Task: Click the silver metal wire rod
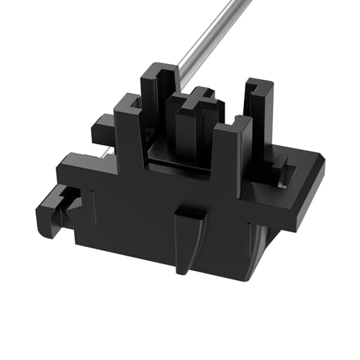pyautogui.click(x=216, y=36)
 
